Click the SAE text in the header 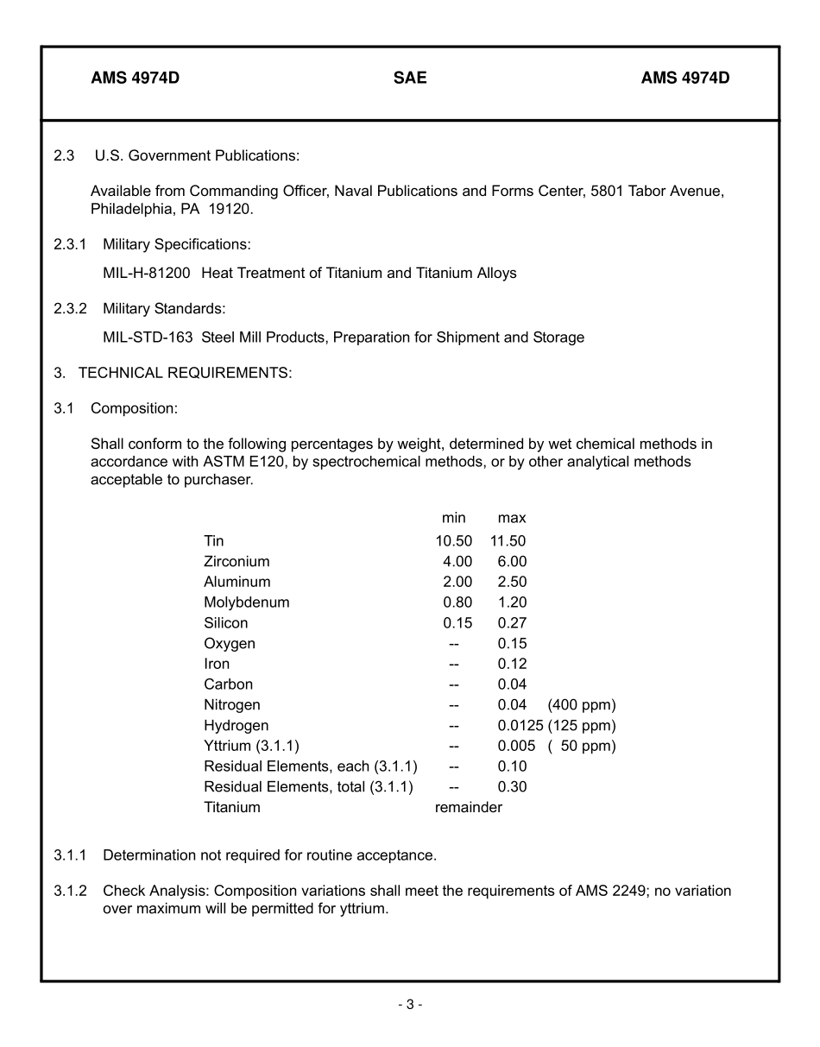410,78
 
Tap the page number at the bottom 410,1004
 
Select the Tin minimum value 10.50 454,541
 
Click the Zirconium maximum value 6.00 512,562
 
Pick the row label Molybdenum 247,602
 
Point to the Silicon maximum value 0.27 512,623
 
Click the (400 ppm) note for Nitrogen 581,705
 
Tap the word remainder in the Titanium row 469,808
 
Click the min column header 454,518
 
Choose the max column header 512,518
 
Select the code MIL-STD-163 148,337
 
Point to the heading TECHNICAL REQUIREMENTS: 186,373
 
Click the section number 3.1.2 70,891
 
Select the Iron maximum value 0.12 512,665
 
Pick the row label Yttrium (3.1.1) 251,746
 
